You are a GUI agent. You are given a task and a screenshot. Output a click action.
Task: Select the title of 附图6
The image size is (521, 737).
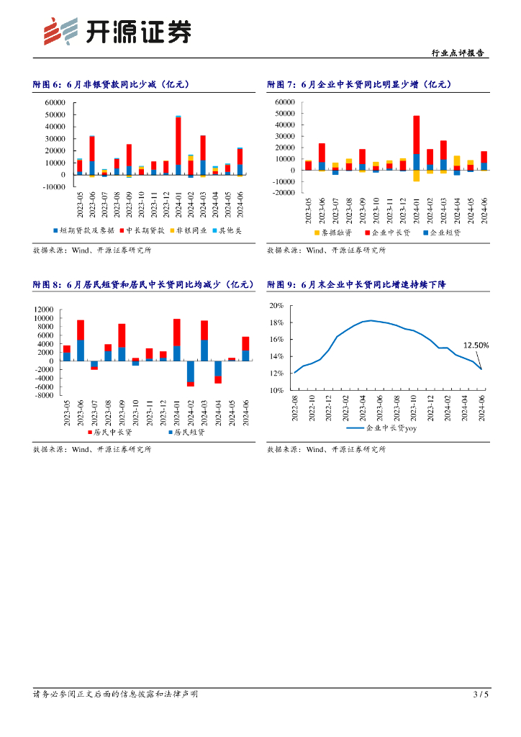[112, 84]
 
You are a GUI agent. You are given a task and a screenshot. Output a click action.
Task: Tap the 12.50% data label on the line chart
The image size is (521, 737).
[476, 345]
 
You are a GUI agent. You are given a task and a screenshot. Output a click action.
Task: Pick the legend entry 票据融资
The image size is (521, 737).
[332, 232]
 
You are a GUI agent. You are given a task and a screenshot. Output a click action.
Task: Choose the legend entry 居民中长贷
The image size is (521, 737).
[112, 433]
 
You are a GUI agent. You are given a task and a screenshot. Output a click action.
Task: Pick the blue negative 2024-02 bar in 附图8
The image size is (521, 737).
[190, 372]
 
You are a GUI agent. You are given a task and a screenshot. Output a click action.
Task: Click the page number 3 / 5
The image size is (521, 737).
[481, 694]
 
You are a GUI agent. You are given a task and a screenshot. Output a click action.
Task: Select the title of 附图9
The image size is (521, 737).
[356, 285]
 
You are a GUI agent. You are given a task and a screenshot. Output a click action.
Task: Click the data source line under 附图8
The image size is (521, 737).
[92, 449]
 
